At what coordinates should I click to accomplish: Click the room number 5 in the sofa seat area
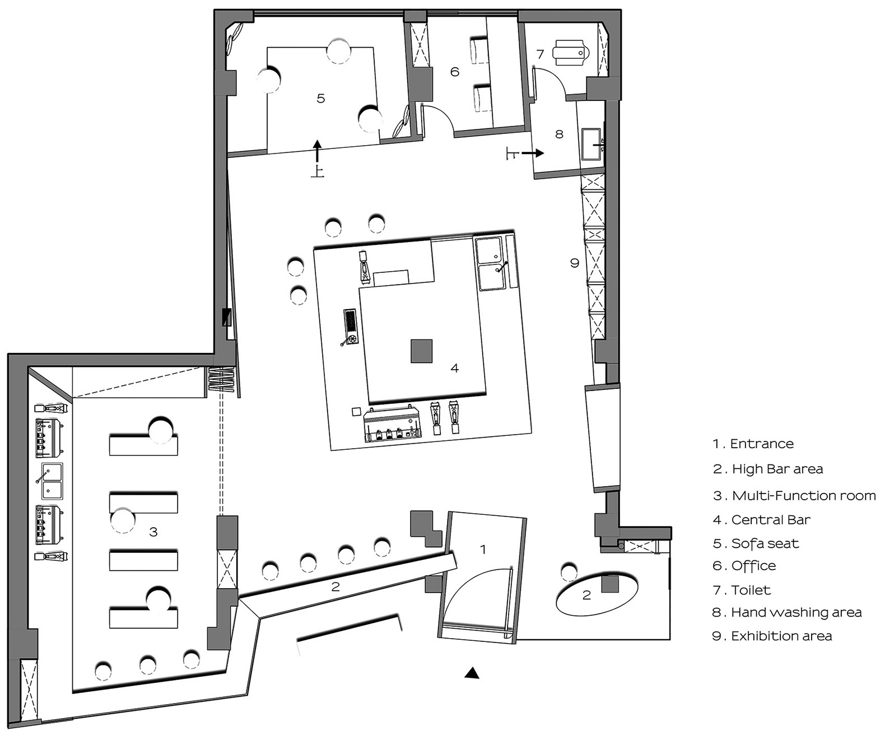tap(321, 99)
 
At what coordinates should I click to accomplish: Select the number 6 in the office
tap(455, 72)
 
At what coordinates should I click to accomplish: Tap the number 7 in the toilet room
tap(540, 54)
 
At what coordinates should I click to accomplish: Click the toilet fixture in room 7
tap(571, 53)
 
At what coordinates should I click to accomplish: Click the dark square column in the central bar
tap(421, 351)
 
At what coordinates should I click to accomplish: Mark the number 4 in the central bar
tap(454, 368)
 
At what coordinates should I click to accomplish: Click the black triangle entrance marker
tap(472, 673)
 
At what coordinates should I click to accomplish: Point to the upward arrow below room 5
tap(317, 151)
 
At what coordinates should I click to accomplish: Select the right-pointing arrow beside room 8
tap(533, 153)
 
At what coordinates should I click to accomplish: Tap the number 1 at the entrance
tap(483, 550)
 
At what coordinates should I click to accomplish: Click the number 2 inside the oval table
tap(586, 595)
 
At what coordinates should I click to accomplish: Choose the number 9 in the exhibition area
tap(575, 263)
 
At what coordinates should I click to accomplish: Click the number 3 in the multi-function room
tap(153, 532)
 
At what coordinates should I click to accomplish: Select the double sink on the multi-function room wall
tap(52, 481)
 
